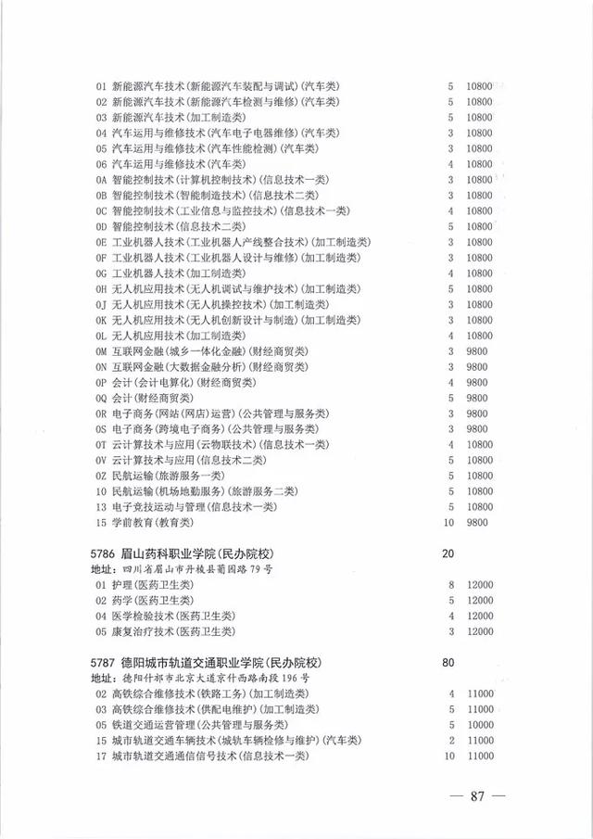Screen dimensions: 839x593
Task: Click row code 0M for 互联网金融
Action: [101, 351]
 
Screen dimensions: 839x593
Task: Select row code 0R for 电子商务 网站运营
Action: [101, 413]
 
